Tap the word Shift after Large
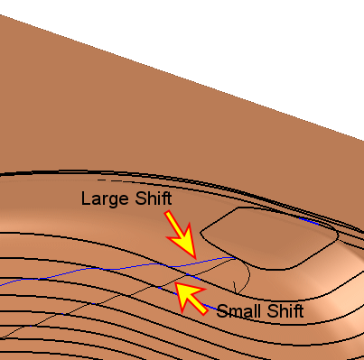pos(154,198)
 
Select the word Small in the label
pos(239,311)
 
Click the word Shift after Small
pos(285,311)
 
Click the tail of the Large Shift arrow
pos(168,213)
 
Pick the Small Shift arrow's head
pos(176,283)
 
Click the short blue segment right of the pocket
pos(309,221)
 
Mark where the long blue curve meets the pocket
pos(235,258)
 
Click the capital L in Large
pos(86,198)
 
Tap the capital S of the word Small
pos(222,311)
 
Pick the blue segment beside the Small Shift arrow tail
pos(210,307)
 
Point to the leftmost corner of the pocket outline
pos(201,232)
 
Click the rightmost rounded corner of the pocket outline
pos(337,234)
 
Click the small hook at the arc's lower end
pos(235,288)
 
